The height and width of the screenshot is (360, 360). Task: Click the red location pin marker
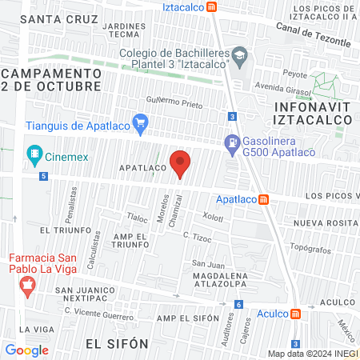point(181,163)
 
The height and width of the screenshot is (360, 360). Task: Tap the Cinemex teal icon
point(34,153)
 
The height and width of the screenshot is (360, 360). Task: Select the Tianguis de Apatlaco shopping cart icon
point(141,123)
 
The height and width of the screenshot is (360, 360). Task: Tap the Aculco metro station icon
point(295,314)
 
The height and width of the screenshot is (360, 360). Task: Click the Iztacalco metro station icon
point(211,6)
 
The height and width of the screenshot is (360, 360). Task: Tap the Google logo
point(26,350)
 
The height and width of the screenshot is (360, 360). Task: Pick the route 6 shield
point(238,305)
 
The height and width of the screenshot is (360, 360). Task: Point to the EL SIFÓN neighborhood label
point(117,343)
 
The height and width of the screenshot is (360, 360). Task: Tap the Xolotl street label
point(213,217)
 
